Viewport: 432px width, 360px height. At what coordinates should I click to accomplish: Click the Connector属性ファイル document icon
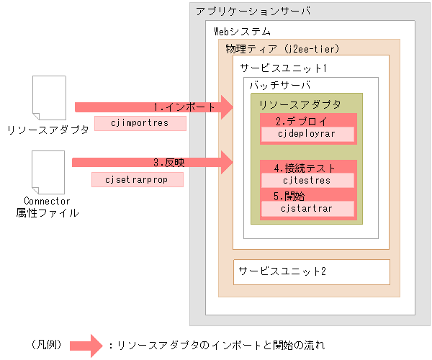(50, 172)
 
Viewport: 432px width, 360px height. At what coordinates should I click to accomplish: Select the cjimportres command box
(140, 123)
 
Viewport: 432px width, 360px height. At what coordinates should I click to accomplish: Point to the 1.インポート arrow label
(184, 107)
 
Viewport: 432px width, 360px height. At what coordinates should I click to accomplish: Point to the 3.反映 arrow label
(168, 163)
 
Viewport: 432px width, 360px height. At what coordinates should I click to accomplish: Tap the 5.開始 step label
(289, 195)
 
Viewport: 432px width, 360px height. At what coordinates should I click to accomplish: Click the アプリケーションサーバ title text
(243, 12)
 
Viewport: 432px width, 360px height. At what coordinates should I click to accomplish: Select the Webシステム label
(243, 32)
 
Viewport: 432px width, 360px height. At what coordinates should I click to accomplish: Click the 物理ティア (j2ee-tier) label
(282, 49)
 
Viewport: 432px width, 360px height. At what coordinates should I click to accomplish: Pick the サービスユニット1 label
(284, 68)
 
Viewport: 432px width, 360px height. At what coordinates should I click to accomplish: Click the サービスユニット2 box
(311, 271)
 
